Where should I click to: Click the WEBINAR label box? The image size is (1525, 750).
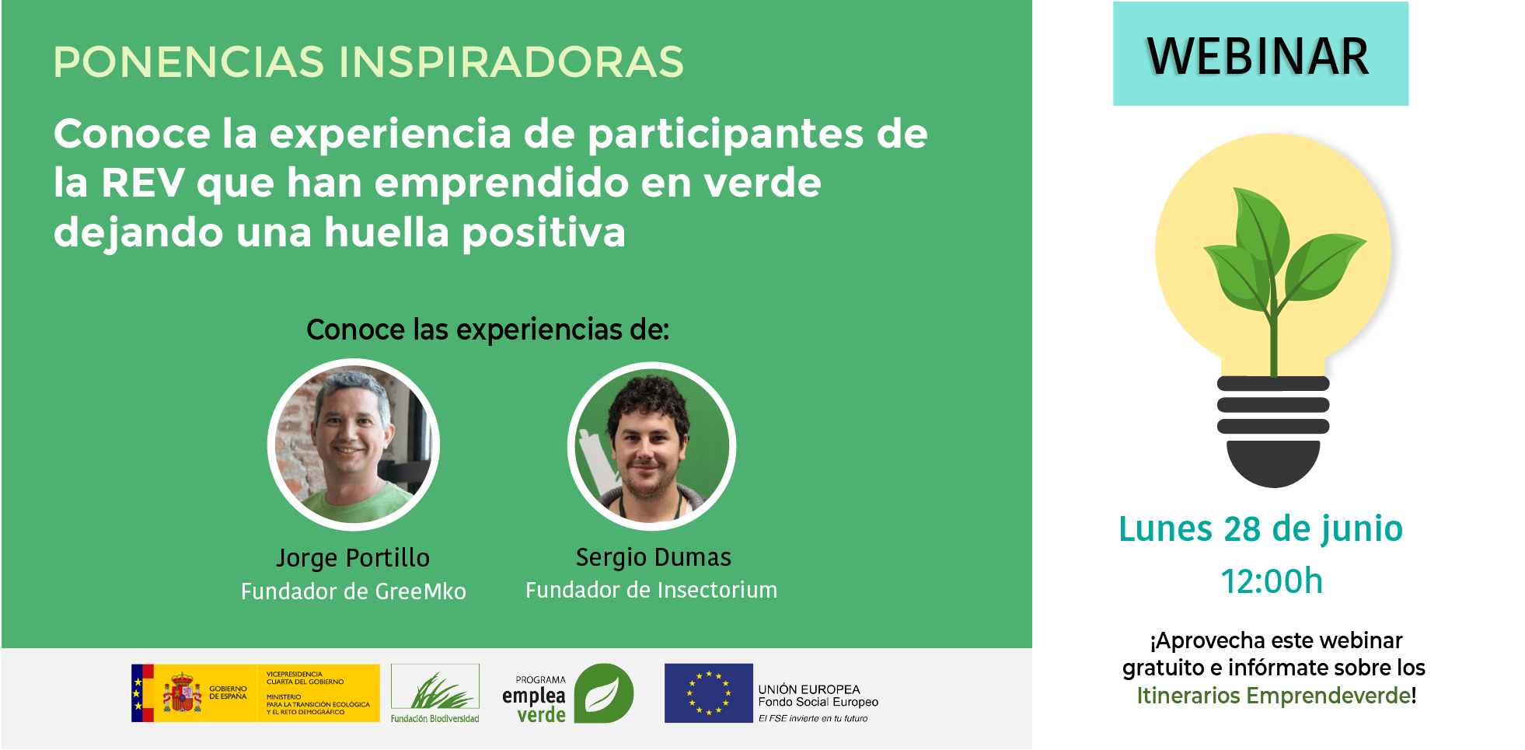tap(1260, 54)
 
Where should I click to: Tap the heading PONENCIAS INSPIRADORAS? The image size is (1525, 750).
tap(368, 62)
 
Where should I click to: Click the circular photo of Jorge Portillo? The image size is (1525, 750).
tap(354, 445)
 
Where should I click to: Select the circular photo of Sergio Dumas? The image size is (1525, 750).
tap(652, 446)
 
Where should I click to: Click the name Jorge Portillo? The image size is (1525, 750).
tap(353, 558)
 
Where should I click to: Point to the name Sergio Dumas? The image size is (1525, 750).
tap(654, 557)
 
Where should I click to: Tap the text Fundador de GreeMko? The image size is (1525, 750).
tap(354, 591)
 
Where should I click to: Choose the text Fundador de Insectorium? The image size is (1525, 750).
tap(651, 590)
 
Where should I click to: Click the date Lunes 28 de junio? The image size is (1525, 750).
tap(1261, 530)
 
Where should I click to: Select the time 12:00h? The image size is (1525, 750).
tap(1272, 581)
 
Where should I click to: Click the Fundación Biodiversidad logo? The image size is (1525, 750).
tap(435, 693)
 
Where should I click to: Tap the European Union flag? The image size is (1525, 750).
tap(709, 693)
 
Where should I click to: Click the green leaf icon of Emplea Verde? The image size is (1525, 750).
tap(604, 693)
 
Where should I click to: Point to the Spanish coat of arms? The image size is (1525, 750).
tap(182, 692)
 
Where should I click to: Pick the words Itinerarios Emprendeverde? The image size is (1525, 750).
tap(1274, 696)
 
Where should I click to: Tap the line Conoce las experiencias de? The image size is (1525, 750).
tap(488, 330)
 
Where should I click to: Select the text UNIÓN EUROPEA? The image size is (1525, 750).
tap(809, 689)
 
